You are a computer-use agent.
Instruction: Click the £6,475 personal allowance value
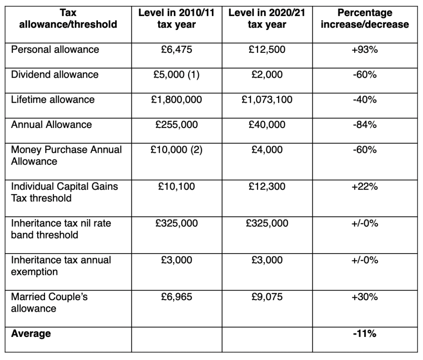[176, 50]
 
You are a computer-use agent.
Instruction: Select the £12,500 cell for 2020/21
[266, 50]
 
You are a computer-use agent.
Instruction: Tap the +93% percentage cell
[365, 50]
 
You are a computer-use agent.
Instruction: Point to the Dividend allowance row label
[55, 75]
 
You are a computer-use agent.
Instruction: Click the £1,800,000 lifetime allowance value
[176, 99]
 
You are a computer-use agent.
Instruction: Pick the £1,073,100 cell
[266, 99]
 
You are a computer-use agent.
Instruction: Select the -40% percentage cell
[365, 99]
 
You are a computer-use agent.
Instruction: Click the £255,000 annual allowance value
[176, 124]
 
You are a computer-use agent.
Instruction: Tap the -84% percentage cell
[365, 124]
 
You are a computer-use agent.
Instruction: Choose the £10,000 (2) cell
[176, 149]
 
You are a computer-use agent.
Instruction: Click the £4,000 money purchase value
[266, 149]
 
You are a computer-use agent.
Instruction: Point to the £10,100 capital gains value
[176, 187]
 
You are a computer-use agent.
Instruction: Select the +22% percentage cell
[365, 187]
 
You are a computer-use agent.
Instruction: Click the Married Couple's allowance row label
[50, 303]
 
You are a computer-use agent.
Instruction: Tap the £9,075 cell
[266, 297]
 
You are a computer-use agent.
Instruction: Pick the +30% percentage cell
[365, 297]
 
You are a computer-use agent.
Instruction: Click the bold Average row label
[31, 334]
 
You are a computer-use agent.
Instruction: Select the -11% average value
[365, 334]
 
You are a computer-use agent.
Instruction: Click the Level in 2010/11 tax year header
[176, 19]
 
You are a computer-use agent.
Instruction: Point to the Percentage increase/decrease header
[365, 19]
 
